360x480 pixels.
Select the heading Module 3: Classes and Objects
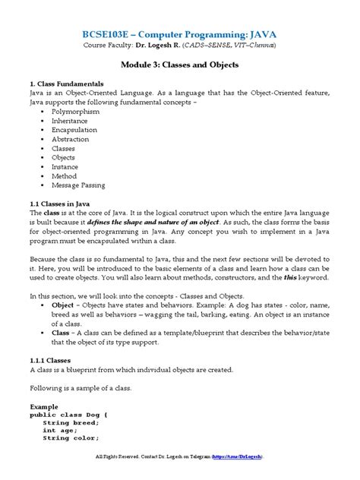[180, 66]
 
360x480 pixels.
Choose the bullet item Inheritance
[74, 122]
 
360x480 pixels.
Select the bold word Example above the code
[45, 407]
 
